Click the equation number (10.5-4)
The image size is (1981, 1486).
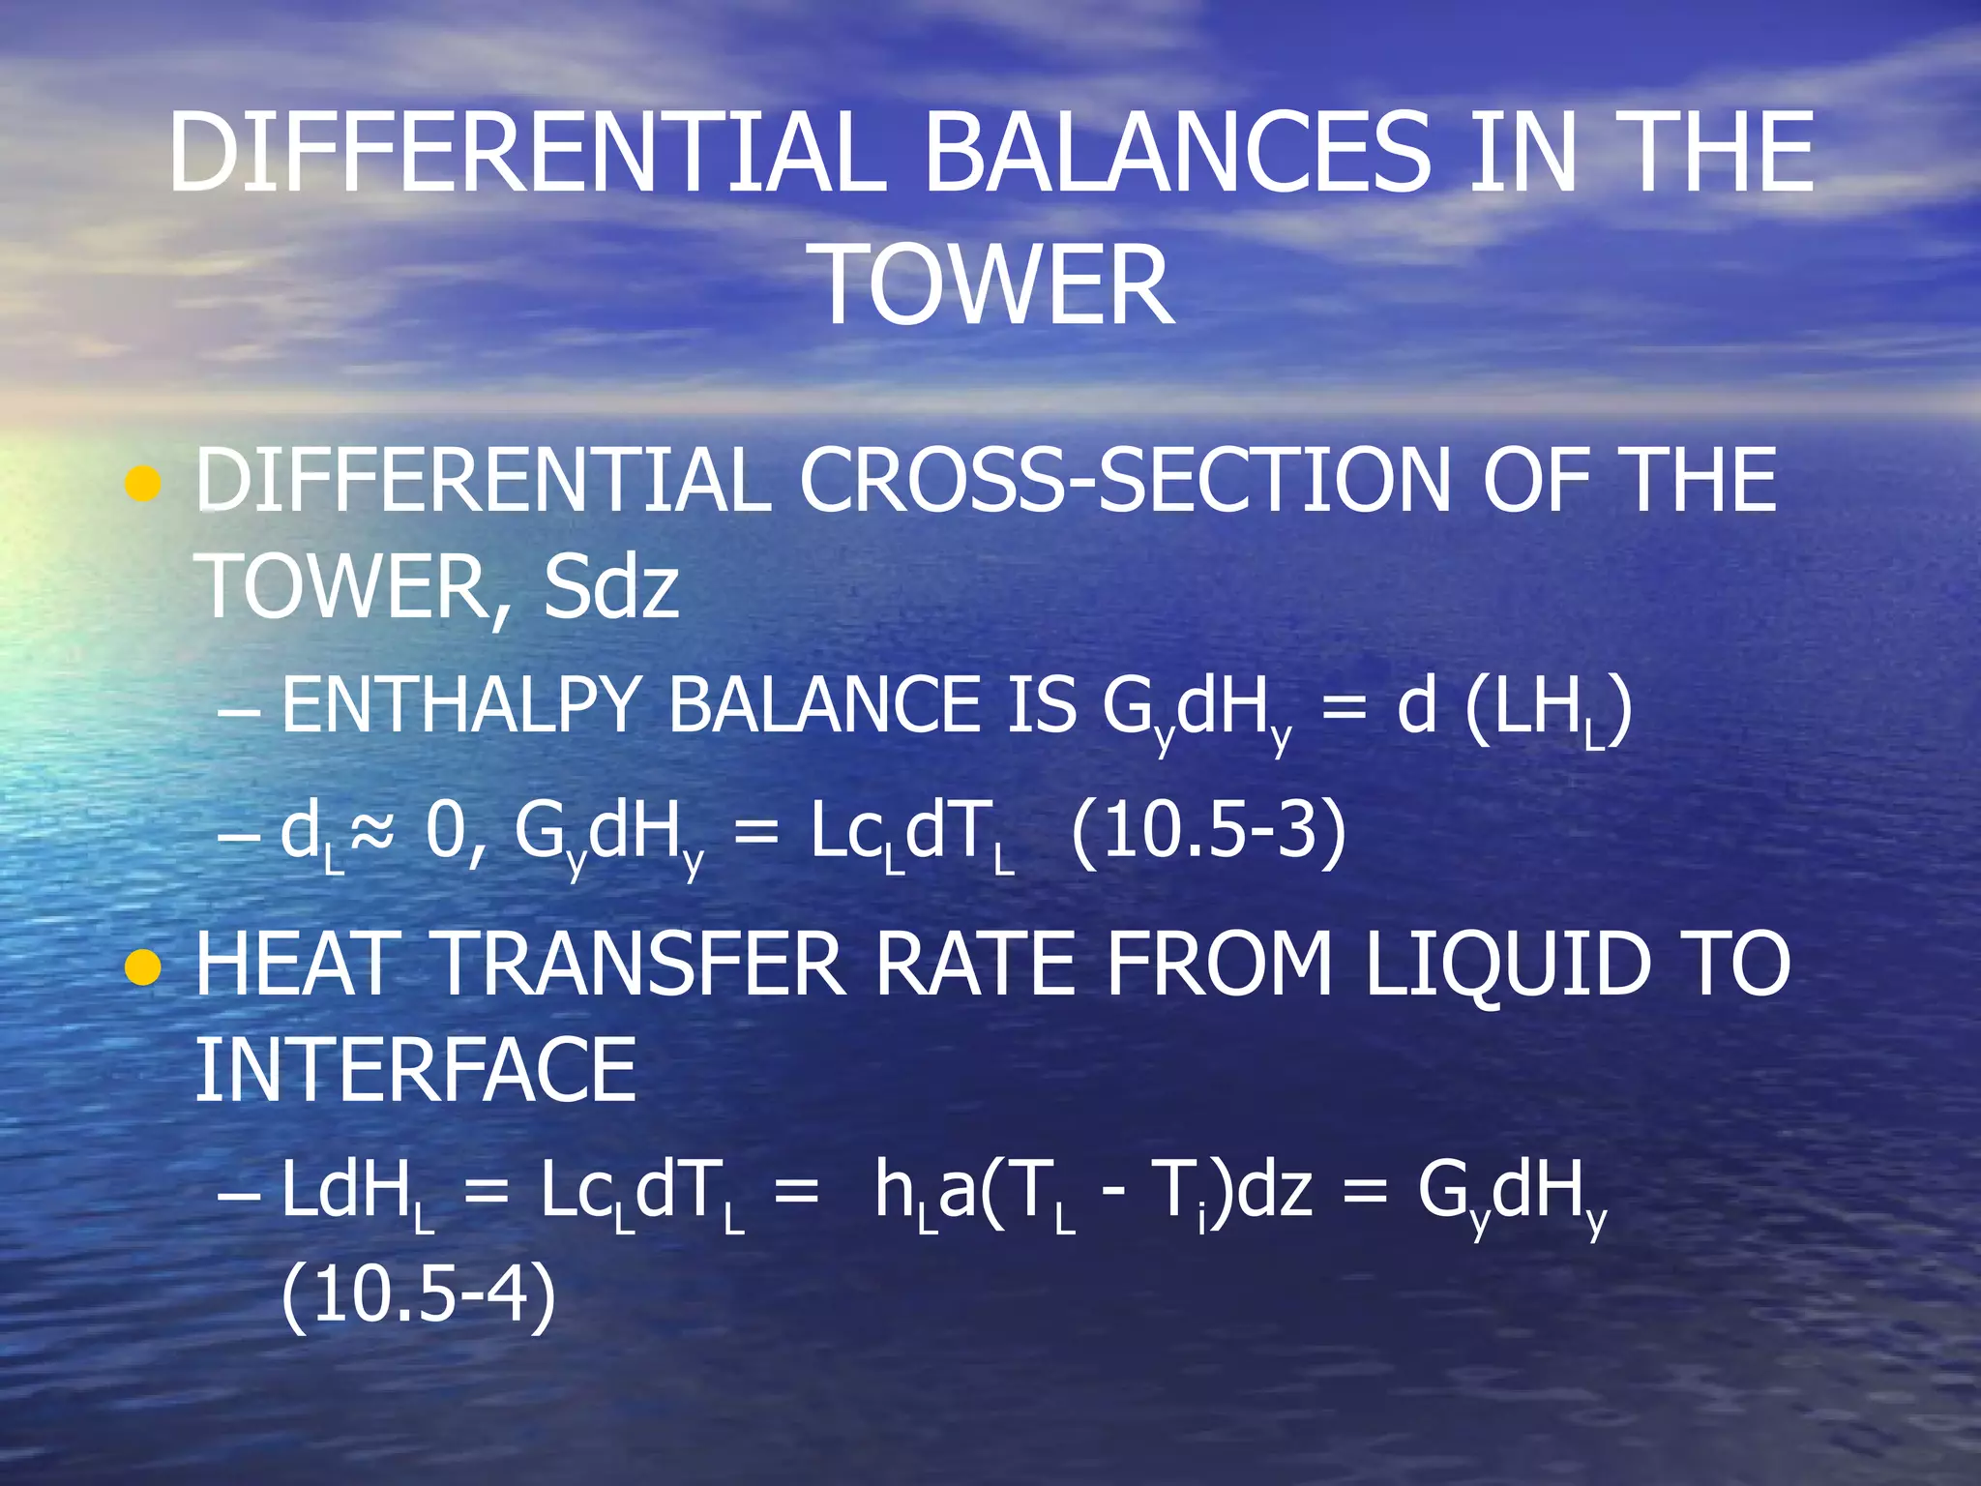(419, 1294)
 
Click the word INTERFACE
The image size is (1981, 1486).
(416, 1070)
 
